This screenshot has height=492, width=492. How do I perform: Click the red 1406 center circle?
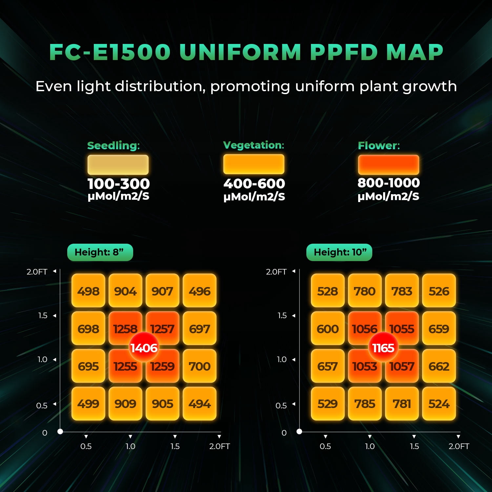pyautogui.click(x=144, y=347)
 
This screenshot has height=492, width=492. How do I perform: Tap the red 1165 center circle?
pyautogui.click(x=383, y=347)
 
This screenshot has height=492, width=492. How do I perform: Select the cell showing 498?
pyautogui.click(x=89, y=291)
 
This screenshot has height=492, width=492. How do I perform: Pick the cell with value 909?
pyautogui.click(x=126, y=403)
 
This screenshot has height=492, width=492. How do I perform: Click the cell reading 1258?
pyautogui.click(x=126, y=328)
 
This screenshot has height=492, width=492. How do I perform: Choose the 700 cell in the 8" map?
pyautogui.click(x=200, y=366)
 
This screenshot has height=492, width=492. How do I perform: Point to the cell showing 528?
pyautogui.click(x=328, y=291)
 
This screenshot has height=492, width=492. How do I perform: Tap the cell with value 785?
pyautogui.click(x=365, y=403)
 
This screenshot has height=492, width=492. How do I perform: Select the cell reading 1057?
pyautogui.click(x=402, y=366)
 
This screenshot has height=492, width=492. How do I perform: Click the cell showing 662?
pyautogui.click(x=439, y=366)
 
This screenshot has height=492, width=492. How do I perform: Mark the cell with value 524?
pyautogui.click(x=439, y=403)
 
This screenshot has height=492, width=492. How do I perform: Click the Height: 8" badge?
pyautogui.click(x=100, y=252)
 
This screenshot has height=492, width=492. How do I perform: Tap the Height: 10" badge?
pyautogui.click(x=339, y=252)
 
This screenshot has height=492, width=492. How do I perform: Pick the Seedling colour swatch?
pyautogui.click(x=118, y=165)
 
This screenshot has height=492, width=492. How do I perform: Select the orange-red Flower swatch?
pyautogui.click(x=389, y=165)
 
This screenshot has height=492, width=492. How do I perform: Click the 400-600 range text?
pyautogui.click(x=254, y=183)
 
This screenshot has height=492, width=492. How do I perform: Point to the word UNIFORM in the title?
pyautogui.click(x=240, y=52)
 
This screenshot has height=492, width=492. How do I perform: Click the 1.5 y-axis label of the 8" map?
pyautogui.click(x=43, y=316)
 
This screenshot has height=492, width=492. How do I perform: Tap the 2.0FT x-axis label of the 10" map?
pyautogui.click(x=459, y=446)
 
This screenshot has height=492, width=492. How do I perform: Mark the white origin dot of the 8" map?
pyautogui.click(x=60, y=431)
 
